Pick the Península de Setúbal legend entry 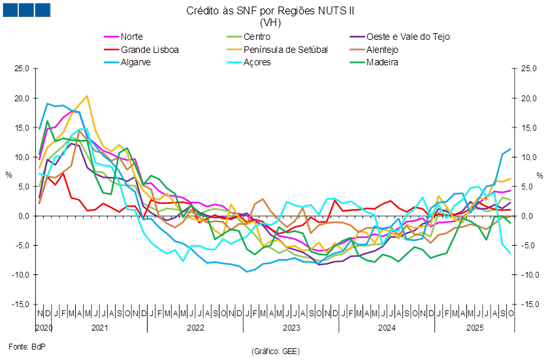click(x=285, y=50)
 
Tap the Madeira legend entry click(x=383, y=63)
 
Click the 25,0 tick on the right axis click(x=529, y=69)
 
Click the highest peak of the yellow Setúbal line click(x=88, y=96)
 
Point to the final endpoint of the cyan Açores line click(x=511, y=253)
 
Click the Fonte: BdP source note click(x=22, y=344)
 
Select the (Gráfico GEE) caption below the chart click(x=274, y=352)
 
